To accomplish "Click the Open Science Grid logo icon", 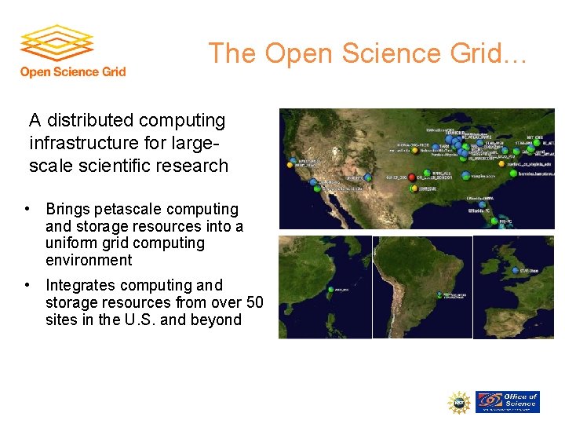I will [x=56, y=45].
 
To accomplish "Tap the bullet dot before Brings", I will [x=27, y=210].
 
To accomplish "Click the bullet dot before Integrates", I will [x=27, y=286].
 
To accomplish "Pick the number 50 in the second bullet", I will [x=254, y=303].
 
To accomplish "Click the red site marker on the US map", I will [x=413, y=177].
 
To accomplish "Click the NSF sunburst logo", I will [x=459, y=403].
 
